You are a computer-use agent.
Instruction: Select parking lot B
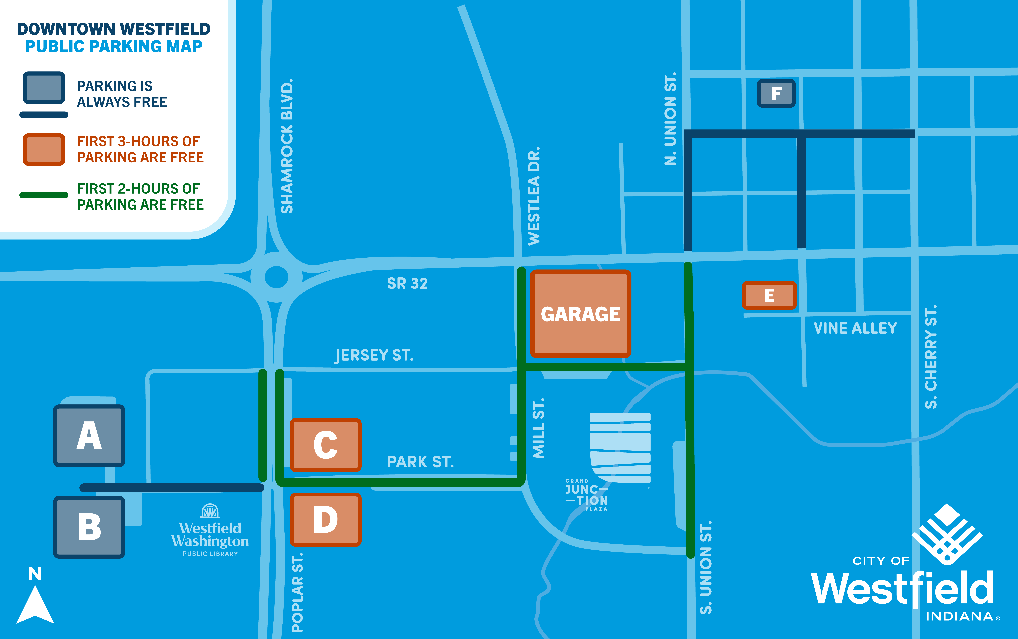point(89,527)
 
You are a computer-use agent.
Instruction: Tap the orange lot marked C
point(325,445)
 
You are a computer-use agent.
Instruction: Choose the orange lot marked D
point(325,519)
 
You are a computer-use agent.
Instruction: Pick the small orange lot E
point(769,295)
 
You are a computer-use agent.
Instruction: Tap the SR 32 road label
point(407,283)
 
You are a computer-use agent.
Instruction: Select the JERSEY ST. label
point(374,355)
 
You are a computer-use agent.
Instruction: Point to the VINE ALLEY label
point(855,328)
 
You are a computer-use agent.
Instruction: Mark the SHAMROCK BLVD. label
point(287,146)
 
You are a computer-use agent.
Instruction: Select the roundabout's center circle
point(276,277)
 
